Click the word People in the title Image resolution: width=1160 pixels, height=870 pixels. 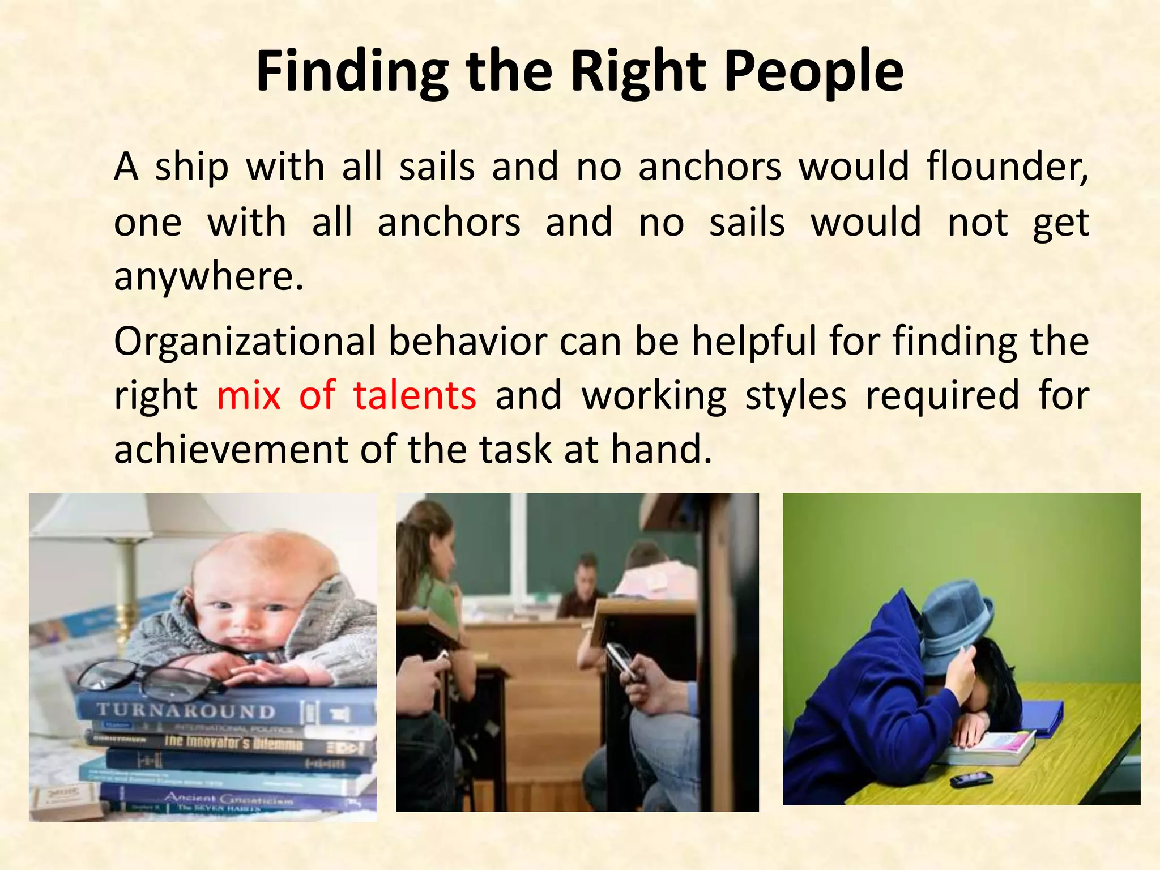pyautogui.click(x=813, y=71)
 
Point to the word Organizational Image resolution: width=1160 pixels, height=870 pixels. pyautogui.click(x=245, y=342)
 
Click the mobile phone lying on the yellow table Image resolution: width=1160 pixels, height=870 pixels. pyautogui.click(x=971, y=779)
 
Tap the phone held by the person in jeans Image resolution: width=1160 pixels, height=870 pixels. pyautogui.click(x=620, y=660)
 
